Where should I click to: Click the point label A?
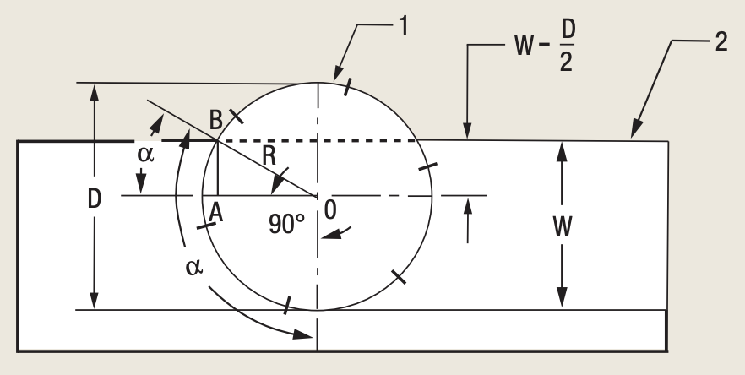215,215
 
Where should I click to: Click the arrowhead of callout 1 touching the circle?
341,79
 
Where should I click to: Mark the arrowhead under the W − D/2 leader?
466,133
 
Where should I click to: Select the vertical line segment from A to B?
218,168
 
